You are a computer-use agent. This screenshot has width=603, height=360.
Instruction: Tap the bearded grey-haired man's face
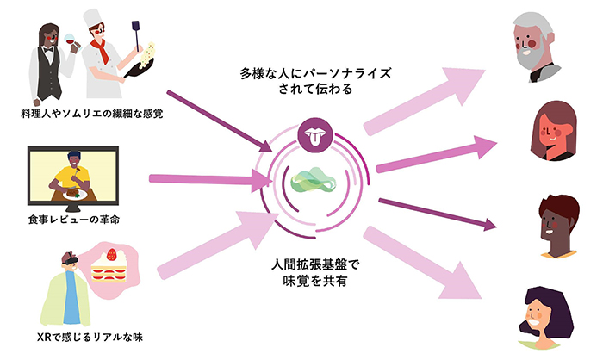535,44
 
